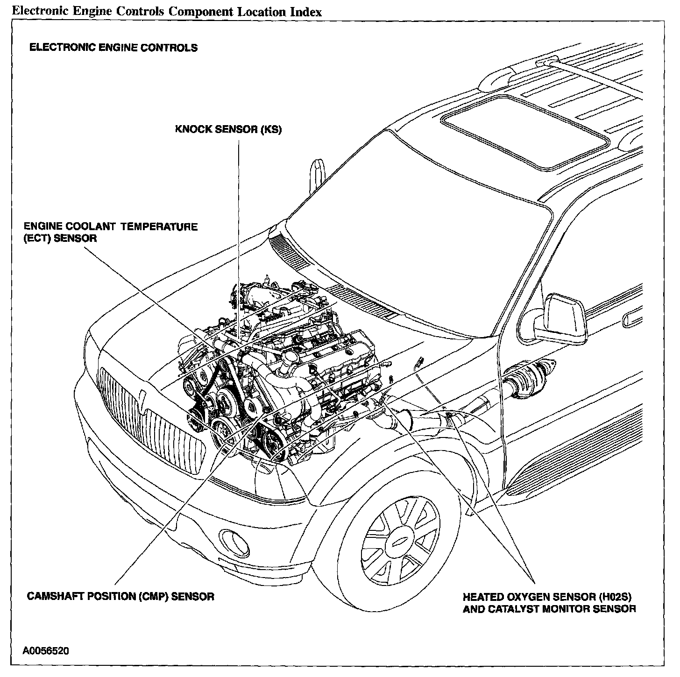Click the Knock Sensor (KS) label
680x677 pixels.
[228, 129]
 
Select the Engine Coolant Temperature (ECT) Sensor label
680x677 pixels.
[111, 232]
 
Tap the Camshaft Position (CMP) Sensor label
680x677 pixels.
[120, 596]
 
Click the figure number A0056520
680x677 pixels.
[44, 650]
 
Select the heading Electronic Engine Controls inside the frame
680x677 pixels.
[113, 48]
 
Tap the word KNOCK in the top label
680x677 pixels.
[193, 129]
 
